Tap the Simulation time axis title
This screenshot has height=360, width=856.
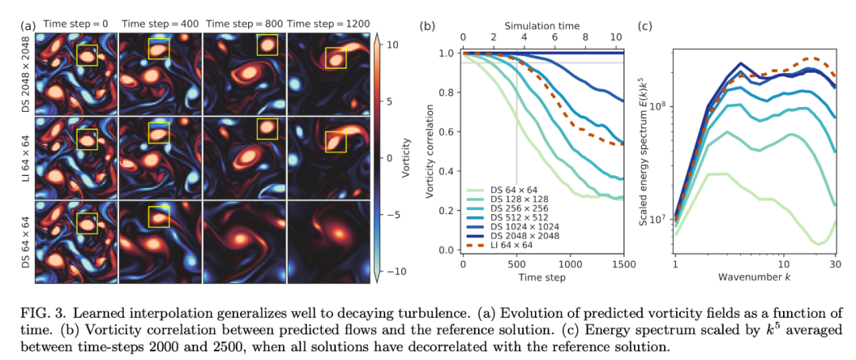[x=542, y=25]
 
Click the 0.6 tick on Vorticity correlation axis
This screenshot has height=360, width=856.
[x=449, y=132]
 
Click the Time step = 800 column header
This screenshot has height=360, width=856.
[x=244, y=25]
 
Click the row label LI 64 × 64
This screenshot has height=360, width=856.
[x=26, y=157]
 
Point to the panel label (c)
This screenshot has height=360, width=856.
[x=645, y=25]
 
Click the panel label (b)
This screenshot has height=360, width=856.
[x=427, y=25]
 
